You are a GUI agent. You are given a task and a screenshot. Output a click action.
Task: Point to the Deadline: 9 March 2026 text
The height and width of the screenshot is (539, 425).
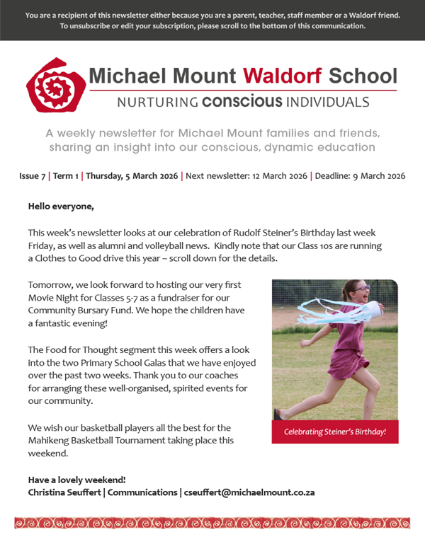[360, 176]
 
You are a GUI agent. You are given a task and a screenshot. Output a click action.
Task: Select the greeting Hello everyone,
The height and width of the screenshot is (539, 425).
[60, 207]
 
